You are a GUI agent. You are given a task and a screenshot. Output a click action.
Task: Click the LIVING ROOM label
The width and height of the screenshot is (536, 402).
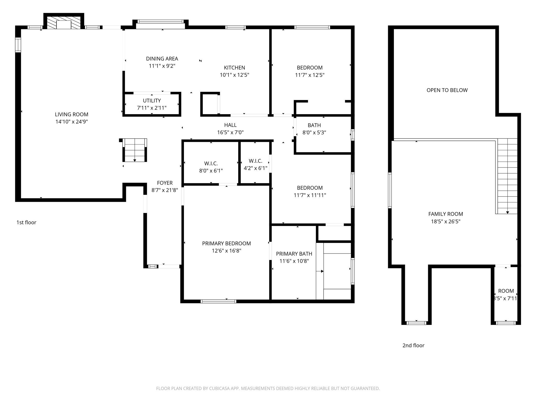[x=71, y=114]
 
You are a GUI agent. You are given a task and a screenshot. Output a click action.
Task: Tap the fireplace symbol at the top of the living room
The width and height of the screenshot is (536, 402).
[x=64, y=23]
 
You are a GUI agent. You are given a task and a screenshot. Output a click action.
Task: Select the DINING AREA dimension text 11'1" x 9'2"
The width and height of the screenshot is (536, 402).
[x=162, y=66]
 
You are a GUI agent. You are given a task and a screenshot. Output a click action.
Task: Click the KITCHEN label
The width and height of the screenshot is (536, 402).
[x=234, y=68]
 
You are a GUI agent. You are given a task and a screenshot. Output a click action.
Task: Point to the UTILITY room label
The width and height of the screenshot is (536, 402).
[x=152, y=100]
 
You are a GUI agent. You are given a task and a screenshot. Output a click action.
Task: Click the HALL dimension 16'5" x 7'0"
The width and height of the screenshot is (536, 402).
[x=230, y=132]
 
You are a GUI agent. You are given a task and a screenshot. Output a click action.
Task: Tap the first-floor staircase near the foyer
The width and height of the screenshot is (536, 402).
[x=135, y=150]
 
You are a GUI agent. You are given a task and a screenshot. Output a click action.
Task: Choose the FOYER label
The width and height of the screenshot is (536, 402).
[x=165, y=183]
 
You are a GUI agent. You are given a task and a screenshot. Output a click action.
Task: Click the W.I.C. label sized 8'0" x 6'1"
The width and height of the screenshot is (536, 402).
[x=211, y=164]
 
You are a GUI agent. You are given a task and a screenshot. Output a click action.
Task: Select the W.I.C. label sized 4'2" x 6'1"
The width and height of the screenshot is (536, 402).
[x=255, y=161]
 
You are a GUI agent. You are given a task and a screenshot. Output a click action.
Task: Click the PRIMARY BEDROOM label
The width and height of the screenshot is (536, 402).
[x=226, y=243]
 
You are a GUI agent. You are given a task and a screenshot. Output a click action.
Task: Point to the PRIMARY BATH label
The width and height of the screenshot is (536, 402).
[x=294, y=254]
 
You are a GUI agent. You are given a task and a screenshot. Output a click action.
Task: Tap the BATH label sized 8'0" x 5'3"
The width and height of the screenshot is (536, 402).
[x=314, y=125]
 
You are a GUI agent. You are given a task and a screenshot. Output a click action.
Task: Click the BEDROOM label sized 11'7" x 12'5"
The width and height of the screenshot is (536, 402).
[x=310, y=68]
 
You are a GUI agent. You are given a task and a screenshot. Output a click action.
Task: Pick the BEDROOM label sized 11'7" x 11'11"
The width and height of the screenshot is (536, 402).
[x=310, y=188]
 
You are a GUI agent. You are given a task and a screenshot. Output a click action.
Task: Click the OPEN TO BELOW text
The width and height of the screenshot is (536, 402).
[x=447, y=90]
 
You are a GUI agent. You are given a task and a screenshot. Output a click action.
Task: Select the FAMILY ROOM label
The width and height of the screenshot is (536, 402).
[x=446, y=214]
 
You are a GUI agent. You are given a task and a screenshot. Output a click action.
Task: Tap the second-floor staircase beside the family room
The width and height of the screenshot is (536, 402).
[x=507, y=176]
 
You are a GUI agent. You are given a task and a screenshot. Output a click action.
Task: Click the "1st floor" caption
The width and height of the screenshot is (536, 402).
[x=26, y=222]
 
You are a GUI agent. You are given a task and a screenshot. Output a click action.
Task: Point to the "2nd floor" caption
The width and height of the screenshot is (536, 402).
[x=414, y=345]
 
